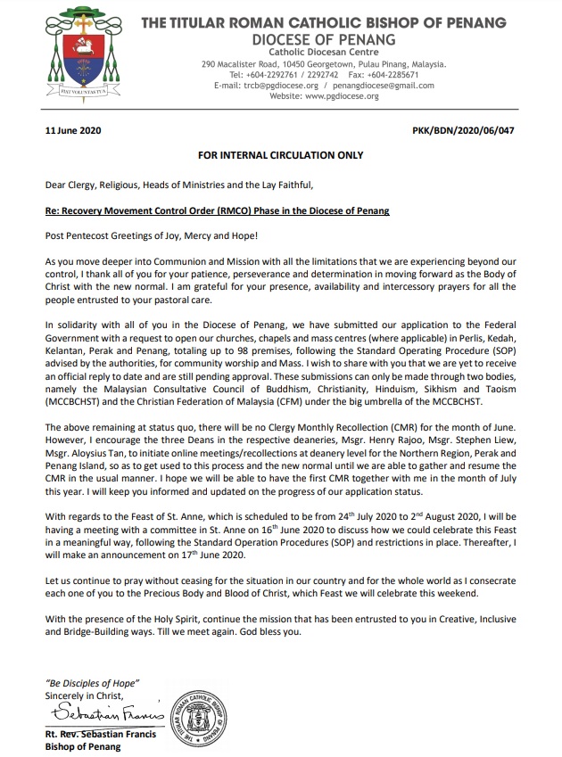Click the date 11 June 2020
coord(73,130)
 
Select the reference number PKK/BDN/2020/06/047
coord(464,130)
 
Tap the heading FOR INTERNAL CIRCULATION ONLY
coord(281,155)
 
